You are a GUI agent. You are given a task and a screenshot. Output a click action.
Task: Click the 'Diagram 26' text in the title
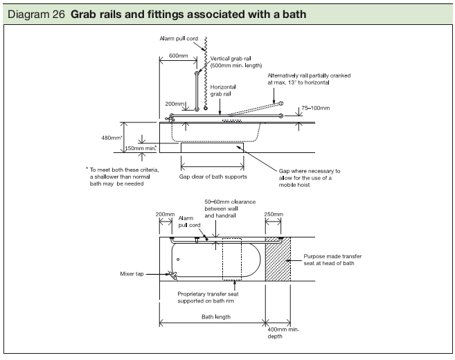30,15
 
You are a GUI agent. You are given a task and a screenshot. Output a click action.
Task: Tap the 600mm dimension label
169,55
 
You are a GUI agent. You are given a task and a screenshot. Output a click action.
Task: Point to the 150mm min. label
141,147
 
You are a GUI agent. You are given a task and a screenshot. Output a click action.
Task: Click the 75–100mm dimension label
316,108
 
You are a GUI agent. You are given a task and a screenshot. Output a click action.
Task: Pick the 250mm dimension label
273,215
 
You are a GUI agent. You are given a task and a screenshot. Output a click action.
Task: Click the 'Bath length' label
216,316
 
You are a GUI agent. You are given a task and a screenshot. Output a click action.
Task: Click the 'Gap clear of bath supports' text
213,177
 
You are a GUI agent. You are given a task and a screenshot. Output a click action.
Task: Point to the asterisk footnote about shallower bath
122,176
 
